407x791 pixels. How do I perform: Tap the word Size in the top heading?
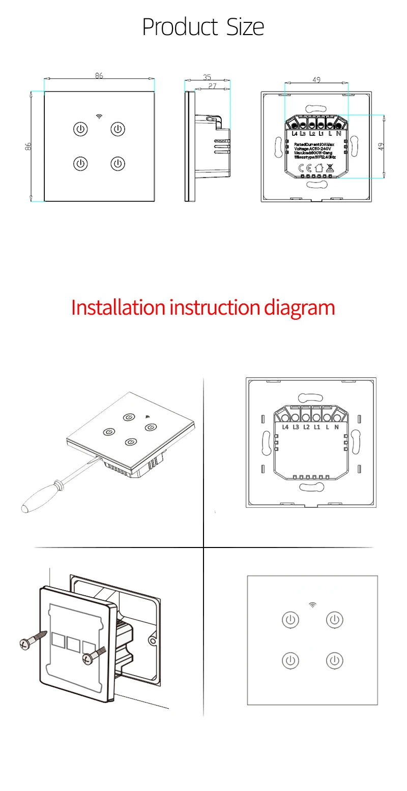point(243,27)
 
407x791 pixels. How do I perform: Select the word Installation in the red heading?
point(118,308)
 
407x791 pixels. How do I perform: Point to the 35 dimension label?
point(207,77)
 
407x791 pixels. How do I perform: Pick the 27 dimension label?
point(212,86)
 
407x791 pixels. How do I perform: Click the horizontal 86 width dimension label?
point(99,76)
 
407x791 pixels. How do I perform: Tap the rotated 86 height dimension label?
point(28,146)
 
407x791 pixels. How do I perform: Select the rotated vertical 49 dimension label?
point(381,146)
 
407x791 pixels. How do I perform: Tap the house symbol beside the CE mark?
point(318,168)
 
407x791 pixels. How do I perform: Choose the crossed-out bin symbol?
point(330,168)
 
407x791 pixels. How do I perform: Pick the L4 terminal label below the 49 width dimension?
point(295,134)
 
